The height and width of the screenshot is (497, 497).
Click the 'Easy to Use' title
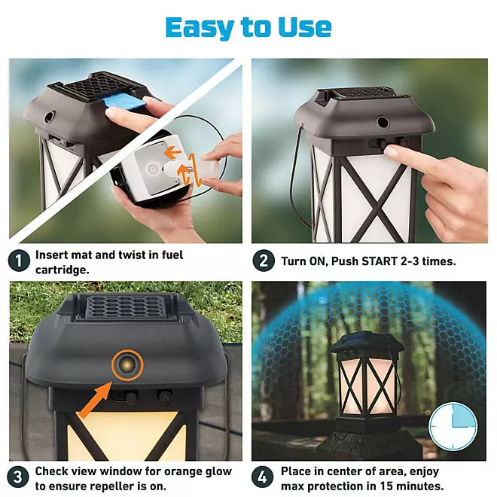(x=248, y=28)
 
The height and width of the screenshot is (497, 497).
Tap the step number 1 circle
(x=19, y=261)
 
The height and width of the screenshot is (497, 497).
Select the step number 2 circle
(x=264, y=261)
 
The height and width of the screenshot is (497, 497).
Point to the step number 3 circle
(x=19, y=477)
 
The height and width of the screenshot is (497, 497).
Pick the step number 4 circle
(x=263, y=477)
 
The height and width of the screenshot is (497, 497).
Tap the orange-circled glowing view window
(x=127, y=365)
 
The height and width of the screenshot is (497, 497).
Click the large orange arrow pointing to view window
(x=95, y=400)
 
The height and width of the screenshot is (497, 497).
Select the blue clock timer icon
(x=453, y=427)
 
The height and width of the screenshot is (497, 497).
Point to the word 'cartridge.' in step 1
(x=62, y=270)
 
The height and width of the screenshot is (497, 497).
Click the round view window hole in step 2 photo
(x=383, y=122)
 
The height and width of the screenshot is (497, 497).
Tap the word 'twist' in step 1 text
(x=133, y=255)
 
